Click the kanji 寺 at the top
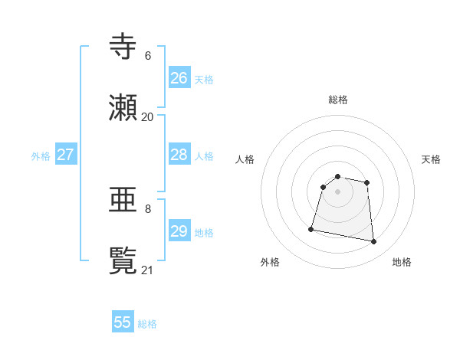(x=123, y=47)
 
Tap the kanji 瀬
(x=123, y=108)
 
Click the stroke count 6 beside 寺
(x=147, y=56)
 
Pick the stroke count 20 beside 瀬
(x=147, y=117)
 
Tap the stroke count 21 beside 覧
(x=147, y=270)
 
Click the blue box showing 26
(x=179, y=77)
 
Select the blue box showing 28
(x=179, y=155)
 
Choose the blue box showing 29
(x=179, y=231)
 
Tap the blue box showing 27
(x=65, y=155)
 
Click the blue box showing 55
(x=123, y=322)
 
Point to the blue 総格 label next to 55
(x=147, y=324)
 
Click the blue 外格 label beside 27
(x=41, y=156)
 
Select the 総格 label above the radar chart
(x=338, y=100)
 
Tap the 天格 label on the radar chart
(x=431, y=159)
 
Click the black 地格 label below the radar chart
(x=402, y=262)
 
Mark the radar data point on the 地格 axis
(x=374, y=242)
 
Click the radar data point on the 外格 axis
(x=311, y=228)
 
